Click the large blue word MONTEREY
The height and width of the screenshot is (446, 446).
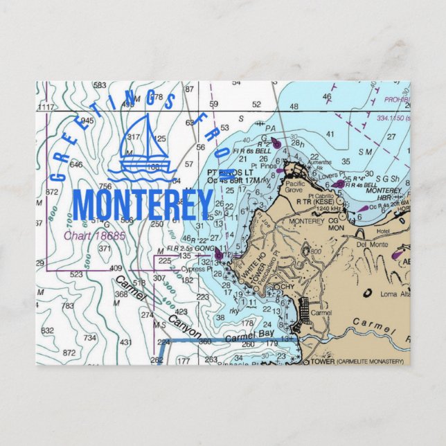(143, 204)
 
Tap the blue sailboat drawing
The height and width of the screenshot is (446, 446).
(146, 146)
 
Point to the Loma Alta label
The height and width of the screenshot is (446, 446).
(397, 294)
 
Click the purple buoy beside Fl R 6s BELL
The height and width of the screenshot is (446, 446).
(276, 144)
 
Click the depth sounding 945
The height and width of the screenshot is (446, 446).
(87, 121)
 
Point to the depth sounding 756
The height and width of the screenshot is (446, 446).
(105, 186)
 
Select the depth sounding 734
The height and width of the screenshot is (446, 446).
(89, 337)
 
